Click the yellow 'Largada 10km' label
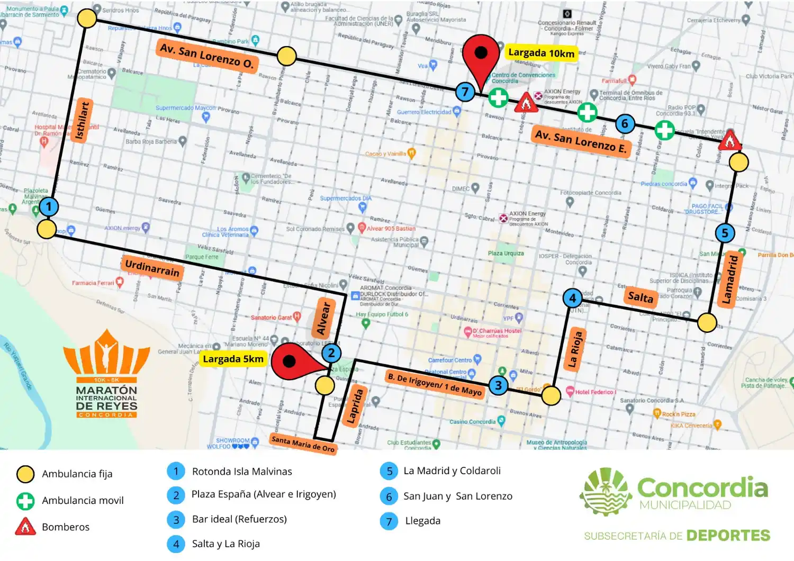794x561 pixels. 541,53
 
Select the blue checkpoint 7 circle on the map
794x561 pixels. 465,92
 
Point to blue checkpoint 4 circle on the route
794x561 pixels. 572,298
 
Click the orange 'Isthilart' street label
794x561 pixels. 83,121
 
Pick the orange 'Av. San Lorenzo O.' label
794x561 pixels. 207,56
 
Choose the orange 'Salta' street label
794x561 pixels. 640,297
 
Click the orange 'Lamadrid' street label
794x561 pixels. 730,279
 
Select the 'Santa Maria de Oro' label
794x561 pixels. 303,444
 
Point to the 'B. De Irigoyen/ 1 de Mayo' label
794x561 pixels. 435,384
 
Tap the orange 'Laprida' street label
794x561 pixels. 355,406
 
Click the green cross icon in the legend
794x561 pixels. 25,501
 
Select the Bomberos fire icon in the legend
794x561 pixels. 25,527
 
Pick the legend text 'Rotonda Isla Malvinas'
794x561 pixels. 242,472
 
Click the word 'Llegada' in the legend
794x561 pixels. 422,521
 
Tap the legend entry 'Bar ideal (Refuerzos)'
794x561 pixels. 239,519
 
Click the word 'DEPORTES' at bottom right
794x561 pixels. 728,536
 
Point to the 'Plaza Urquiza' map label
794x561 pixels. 506,254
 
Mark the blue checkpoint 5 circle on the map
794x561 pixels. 725,233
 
